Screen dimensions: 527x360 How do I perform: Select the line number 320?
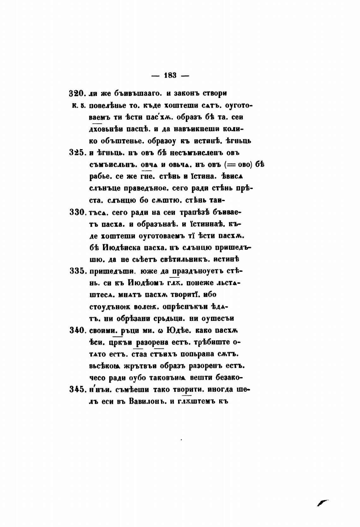[x=76, y=94]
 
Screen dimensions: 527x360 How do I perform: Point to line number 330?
[x=76, y=212]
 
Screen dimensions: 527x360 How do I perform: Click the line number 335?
[x=76, y=271]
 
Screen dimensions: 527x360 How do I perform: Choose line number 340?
[x=76, y=330]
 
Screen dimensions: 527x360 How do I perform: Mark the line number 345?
[x=76, y=389]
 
